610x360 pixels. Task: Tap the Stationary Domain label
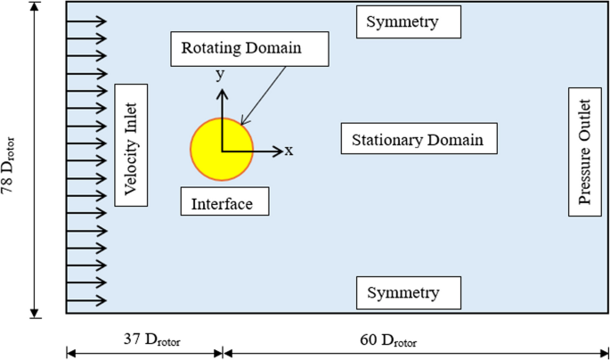(418, 140)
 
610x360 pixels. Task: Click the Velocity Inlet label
(130, 144)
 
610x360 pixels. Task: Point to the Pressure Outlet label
(584, 151)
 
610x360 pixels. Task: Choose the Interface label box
(224, 203)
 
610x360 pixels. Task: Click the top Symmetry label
(409, 22)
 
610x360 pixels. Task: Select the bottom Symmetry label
(409, 293)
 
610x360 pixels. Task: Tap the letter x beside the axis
(289, 151)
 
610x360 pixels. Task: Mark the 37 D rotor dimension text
(144, 340)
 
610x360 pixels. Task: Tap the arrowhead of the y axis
(222, 92)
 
